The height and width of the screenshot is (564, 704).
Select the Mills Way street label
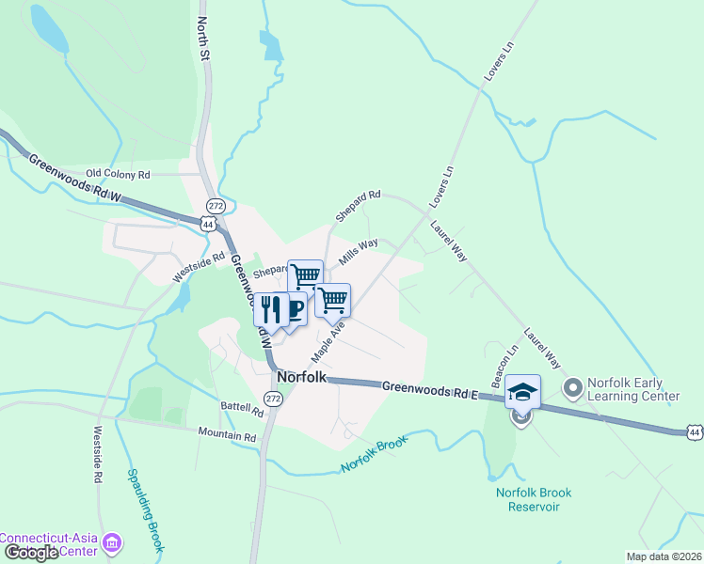pos(359,253)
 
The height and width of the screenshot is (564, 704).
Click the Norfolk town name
pos(302,377)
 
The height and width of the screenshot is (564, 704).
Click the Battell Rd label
pos(242,410)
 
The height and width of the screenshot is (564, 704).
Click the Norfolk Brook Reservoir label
pos(534,499)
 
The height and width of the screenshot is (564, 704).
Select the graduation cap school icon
pos(522,391)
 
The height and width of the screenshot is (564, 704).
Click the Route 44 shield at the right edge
pos(694,431)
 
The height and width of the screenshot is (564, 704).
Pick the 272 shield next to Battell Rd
pos(273,399)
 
